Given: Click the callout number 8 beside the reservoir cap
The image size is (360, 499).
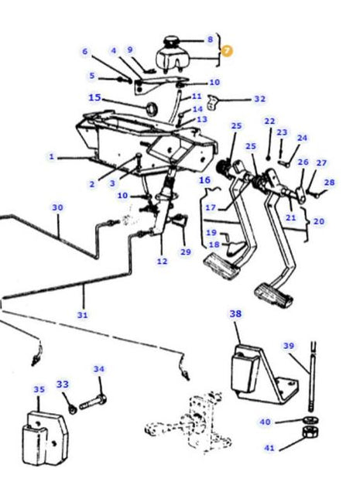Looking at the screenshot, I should coord(209,39).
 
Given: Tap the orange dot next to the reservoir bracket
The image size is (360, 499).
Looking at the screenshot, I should coord(226,51).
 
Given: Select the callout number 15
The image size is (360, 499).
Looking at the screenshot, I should coord(94,97).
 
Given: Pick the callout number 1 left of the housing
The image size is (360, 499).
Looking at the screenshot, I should coord(51,157).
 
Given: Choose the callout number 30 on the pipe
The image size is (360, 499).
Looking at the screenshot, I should coord(57,207).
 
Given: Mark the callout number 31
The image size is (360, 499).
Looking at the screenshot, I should coord(82,315).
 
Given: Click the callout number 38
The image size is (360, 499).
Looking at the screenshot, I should coord(236,314).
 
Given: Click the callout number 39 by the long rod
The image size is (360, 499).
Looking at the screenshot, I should coord(288,346).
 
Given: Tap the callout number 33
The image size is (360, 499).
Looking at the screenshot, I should coord(62,384).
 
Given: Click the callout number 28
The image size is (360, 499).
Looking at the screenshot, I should coord(330,183).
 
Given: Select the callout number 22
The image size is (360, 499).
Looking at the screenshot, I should coord(269,121).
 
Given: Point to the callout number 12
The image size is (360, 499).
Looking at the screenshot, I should coord(161,261).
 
